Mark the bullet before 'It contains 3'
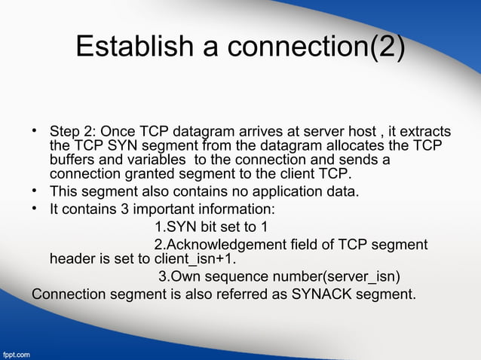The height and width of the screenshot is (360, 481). [x=35, y=208]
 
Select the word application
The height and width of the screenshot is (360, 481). [x=285, y=192]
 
